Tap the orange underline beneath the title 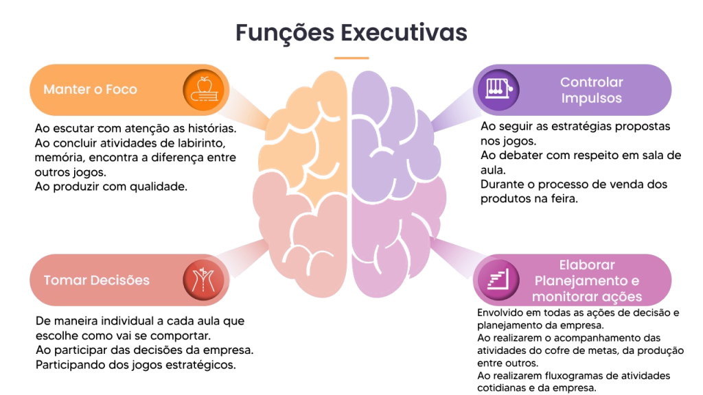[x=351, y=58]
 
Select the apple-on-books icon [x=203, y=89]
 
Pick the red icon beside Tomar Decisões [x=203, y=280]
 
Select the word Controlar [x=591, y=82]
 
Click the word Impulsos [x=591, y=98]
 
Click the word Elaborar [x=587, y=265]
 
